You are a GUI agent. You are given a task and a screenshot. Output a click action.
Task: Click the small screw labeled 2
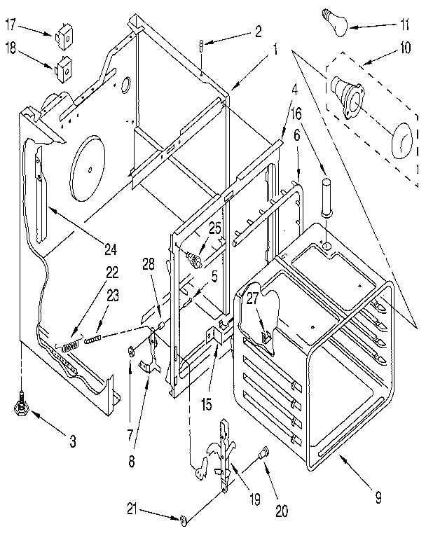(202, 47)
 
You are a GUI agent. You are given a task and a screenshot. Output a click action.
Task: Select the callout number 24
(111, 247)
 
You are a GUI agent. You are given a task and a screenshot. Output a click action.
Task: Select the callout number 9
(378, 499)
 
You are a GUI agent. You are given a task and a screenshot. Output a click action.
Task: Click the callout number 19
(255, 500)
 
